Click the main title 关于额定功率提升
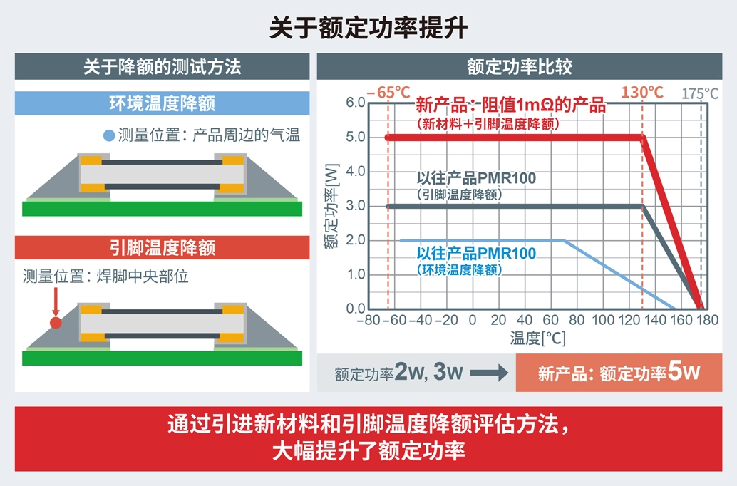[368, 28]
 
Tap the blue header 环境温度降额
[162, 103]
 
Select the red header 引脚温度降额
[162, 248]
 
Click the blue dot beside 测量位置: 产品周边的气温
[108, 135]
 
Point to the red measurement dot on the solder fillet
[55, 323]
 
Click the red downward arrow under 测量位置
[55, 303]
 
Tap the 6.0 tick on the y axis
[354, 103]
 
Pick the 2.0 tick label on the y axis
[354, 240]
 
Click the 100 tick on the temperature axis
[602, 321]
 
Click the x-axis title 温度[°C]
[537, 338]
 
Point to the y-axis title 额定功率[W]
[330, 207]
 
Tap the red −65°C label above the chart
[389, 93]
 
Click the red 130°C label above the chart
[642, 93]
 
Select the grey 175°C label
[700, 93]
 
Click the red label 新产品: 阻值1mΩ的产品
[510, 106]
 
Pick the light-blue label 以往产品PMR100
[475, 254]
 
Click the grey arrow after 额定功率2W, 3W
[488, 373]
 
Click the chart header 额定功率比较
[520, 68]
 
